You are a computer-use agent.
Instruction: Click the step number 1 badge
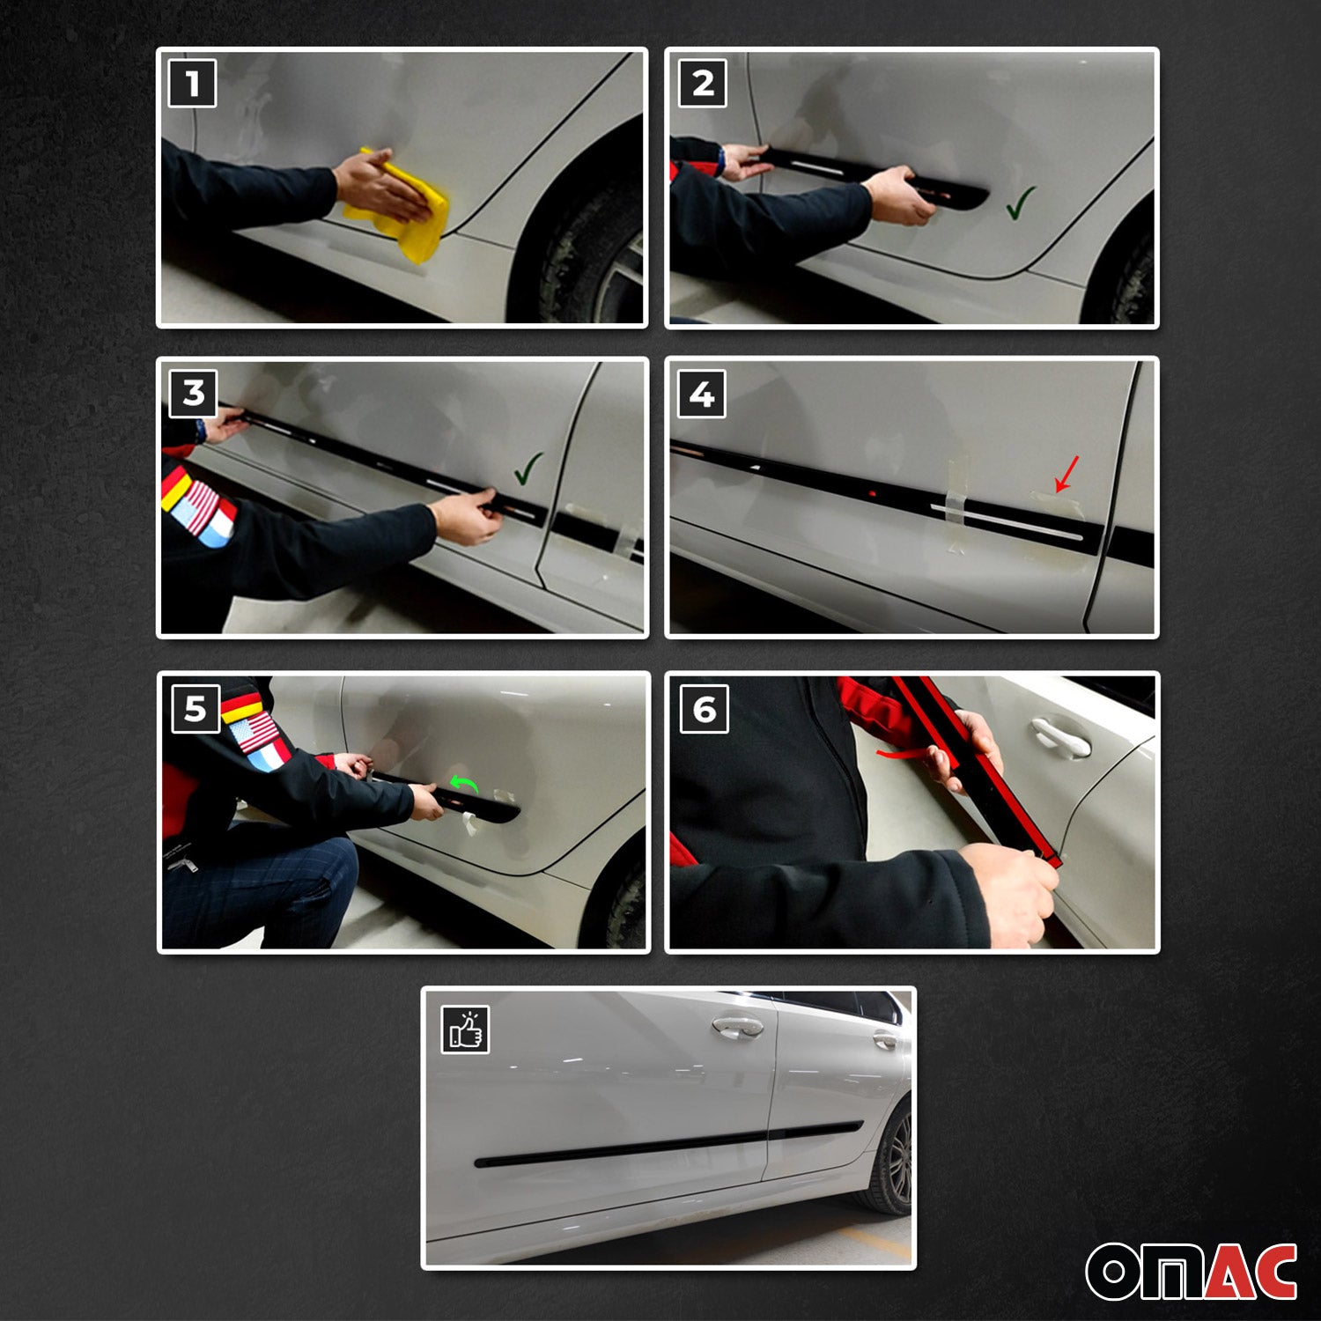pyautogui.click(x=192, y=84)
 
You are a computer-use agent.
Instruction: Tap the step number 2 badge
pyautogui.click(x=703, y=84)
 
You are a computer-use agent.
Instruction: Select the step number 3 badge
pyautogui.click(x=193, y=393)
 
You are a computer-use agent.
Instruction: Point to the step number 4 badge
pyautogui.click(x=702, y=394)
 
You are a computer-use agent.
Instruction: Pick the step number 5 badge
pyautogui.click(x=195, y=708)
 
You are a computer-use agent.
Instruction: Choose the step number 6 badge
pyautogui.click(x=705, y=709)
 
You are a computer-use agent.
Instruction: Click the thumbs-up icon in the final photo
pyautogui.click(x=465, y=1029)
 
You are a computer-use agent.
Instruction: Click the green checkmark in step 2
pyautogui.click(x=1020, y=203)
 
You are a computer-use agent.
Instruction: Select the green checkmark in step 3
pyautogui.click(x=528, y=469)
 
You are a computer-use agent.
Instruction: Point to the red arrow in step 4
pyautogui.click(x=1066, y=474)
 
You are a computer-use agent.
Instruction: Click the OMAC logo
pyautogui.click(x=1191, y=1271)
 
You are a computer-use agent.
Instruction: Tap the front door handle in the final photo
pyautogui.click(x=738, y=1027)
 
